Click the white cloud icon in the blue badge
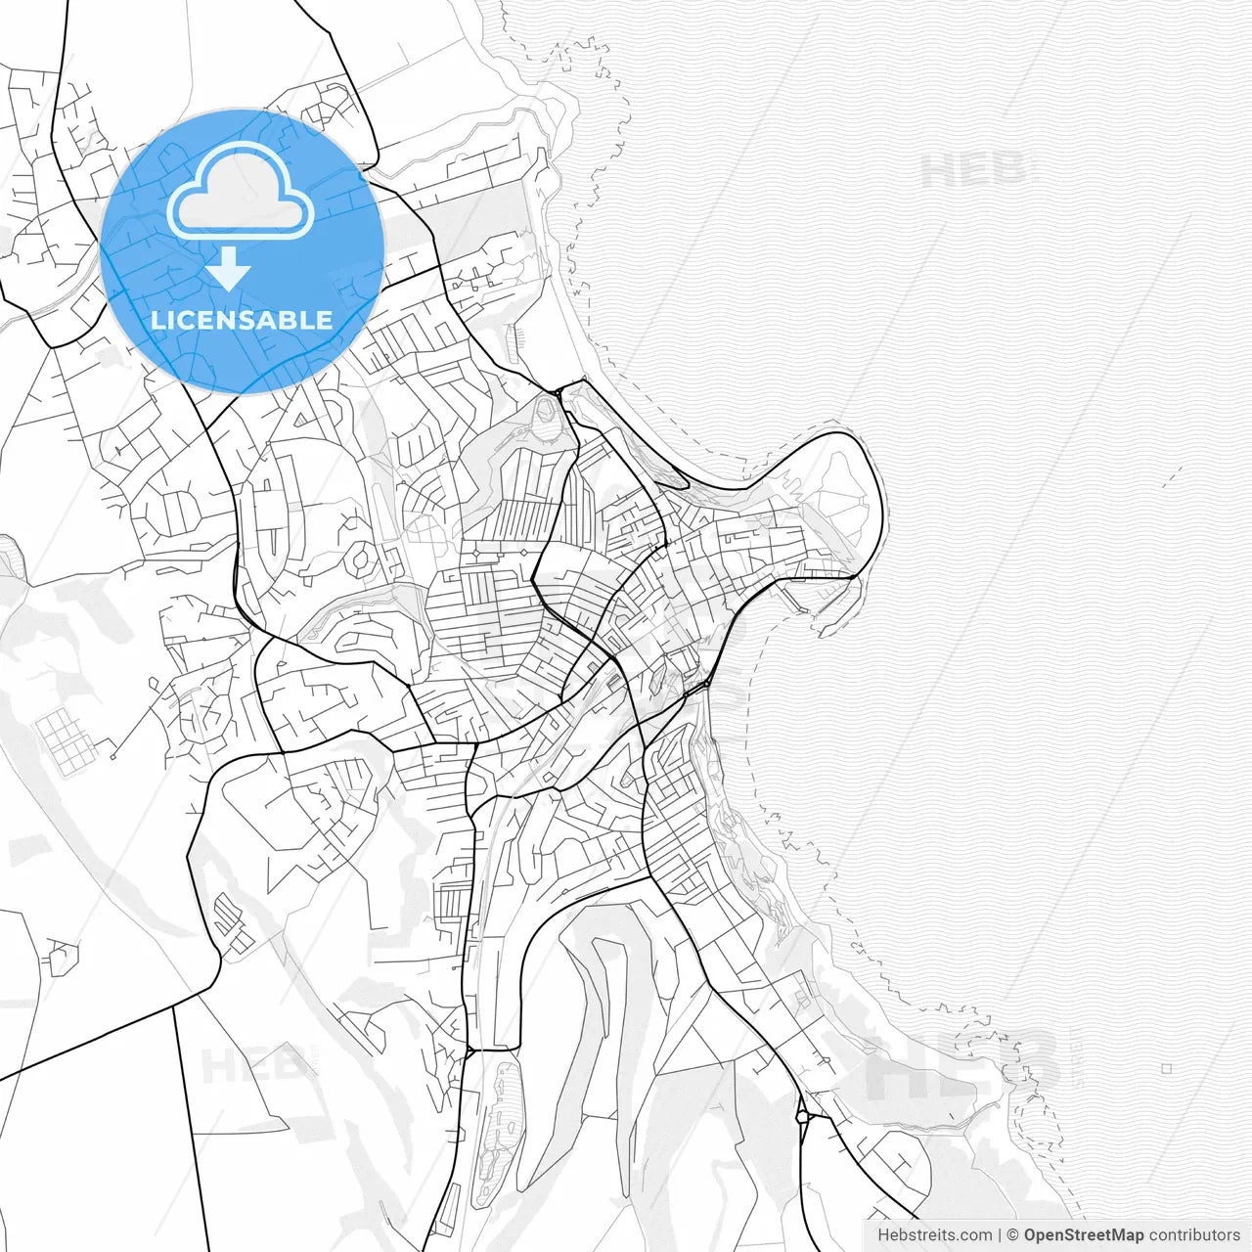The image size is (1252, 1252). point(241,191)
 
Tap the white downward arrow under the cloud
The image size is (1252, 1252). point(229,269)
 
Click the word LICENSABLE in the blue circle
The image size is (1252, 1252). point(242,320)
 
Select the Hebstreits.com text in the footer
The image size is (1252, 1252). point(933,1235)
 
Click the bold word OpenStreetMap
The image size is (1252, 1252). point(1084,1235)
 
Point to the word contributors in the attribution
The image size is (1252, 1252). point(1194,1235)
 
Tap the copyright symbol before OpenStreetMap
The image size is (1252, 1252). point(1013,1235)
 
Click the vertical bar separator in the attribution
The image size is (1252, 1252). point(999,1235)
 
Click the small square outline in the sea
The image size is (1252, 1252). point(1167,1069)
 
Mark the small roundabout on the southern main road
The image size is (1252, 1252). point(802,1115)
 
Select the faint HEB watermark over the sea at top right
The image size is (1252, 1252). point(973,169)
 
